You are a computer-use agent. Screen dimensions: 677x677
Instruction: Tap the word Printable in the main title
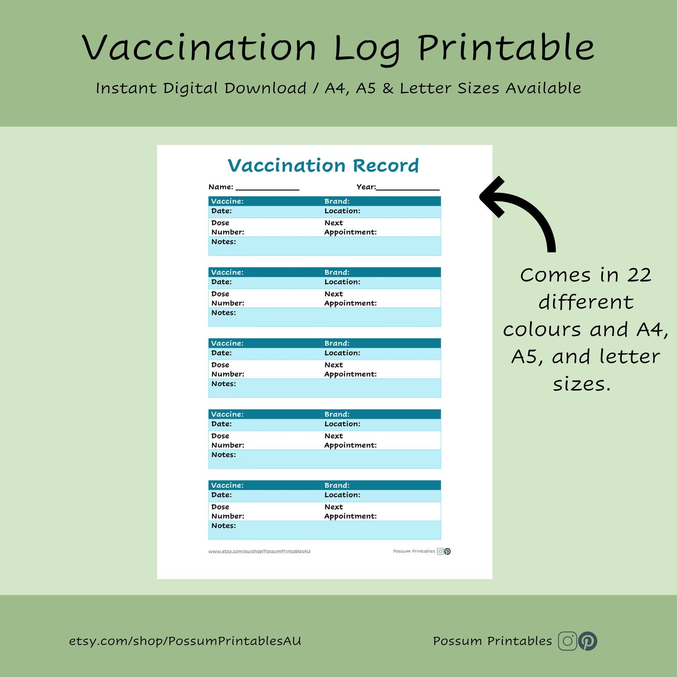[506, 48]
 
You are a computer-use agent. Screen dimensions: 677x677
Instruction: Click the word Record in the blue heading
[386, 166]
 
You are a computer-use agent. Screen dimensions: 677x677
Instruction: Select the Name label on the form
[220, 187]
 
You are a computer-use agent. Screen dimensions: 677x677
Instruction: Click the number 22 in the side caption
[639, 275]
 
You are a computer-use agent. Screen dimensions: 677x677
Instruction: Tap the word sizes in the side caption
[582, 385]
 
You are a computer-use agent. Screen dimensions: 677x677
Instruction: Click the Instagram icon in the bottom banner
[567, 641]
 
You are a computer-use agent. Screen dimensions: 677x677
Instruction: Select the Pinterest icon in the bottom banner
[588, 641]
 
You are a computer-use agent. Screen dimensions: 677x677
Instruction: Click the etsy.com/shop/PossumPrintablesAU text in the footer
[185, 641]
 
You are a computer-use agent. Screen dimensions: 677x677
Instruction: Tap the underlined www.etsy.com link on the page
[259, 551]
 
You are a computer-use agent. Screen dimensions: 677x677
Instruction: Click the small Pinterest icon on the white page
[447, 551]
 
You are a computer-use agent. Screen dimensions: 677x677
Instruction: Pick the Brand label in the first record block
[337, 201]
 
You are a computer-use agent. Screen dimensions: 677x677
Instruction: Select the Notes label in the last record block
[223, 526]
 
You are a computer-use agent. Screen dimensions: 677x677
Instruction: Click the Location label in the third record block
[342, 353]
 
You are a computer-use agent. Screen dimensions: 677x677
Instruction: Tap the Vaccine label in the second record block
[227, 272]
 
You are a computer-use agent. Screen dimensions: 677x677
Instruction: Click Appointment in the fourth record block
[350, 445]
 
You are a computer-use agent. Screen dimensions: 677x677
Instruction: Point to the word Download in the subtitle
[265, 88]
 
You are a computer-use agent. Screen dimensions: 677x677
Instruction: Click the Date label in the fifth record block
[221, 495]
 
